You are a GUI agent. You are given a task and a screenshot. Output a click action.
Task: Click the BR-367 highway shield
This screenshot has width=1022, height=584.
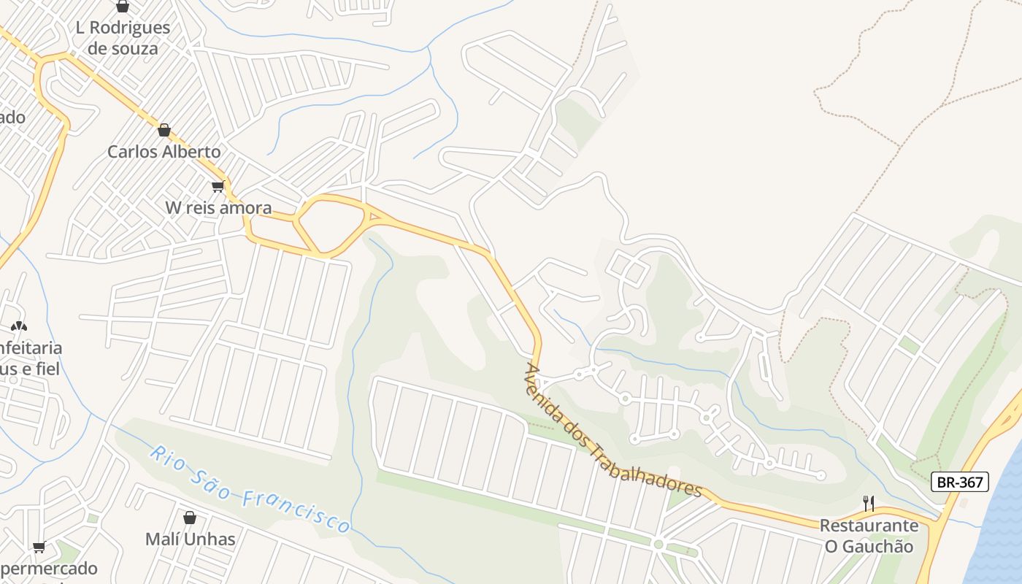[x=960, y=482]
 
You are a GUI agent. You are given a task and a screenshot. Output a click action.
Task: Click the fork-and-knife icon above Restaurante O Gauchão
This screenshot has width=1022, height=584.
[x=868, y=504]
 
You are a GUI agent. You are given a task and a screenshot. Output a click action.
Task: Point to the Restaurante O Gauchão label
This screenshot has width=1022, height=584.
[x=868, y=536]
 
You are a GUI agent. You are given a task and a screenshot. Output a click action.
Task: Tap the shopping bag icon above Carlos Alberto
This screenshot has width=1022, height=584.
[x=164, y=131]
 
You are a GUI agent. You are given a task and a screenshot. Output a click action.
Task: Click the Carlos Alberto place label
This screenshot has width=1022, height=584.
[x=164, y=152]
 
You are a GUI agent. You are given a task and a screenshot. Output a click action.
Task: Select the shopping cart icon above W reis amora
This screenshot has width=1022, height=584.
[x=218, y=187]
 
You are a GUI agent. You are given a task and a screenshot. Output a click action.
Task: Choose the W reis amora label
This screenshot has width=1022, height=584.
[x=218, y=208]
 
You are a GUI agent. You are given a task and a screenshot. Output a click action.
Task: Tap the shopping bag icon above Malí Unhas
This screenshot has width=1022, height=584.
[x=190, y=518]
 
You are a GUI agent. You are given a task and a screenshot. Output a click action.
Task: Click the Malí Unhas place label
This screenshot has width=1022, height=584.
[x=190, y=539]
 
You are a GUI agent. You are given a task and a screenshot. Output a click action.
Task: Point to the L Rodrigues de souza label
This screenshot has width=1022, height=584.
[x=123, y=38]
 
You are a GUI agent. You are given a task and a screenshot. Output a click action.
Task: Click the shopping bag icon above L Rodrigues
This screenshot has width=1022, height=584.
[x=123, y=7]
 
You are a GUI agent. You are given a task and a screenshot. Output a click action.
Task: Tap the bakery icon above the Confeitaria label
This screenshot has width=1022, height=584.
[x=18, y=326]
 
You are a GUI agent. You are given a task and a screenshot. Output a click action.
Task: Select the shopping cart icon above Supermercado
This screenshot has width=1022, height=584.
[x=39, y=547]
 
